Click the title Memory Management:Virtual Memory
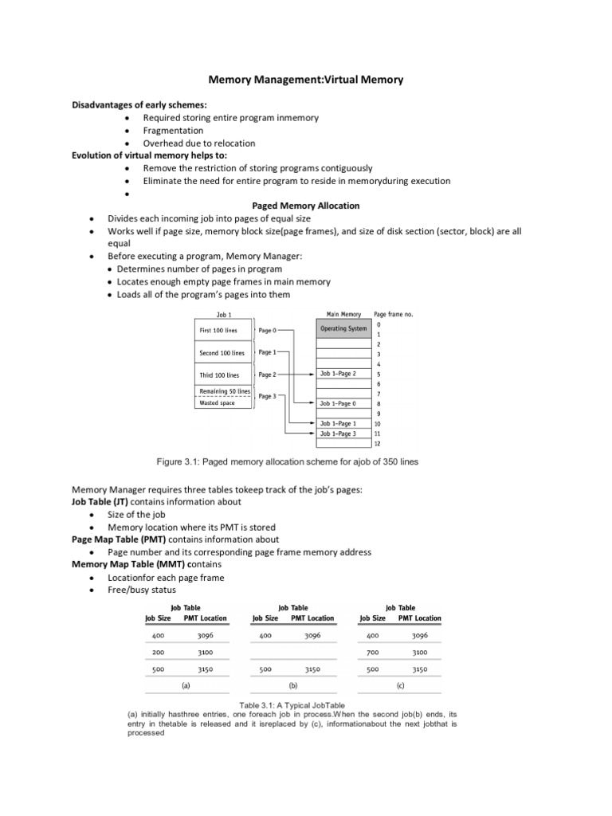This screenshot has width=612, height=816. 306,80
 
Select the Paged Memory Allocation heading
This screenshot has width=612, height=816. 306,206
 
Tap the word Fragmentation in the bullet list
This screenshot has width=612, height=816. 173,131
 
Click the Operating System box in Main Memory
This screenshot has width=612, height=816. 343,329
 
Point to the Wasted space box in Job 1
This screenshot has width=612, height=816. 217,403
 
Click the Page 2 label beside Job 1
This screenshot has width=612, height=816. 267,375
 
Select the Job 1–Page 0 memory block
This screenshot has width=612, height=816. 343,404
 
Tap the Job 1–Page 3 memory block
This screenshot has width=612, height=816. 343,433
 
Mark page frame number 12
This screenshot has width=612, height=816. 379,443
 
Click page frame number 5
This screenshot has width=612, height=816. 379,374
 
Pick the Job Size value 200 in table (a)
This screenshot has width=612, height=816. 158,652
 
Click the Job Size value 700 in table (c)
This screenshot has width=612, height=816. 372,652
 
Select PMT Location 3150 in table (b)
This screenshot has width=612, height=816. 312,670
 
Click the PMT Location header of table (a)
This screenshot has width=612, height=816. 205,618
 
